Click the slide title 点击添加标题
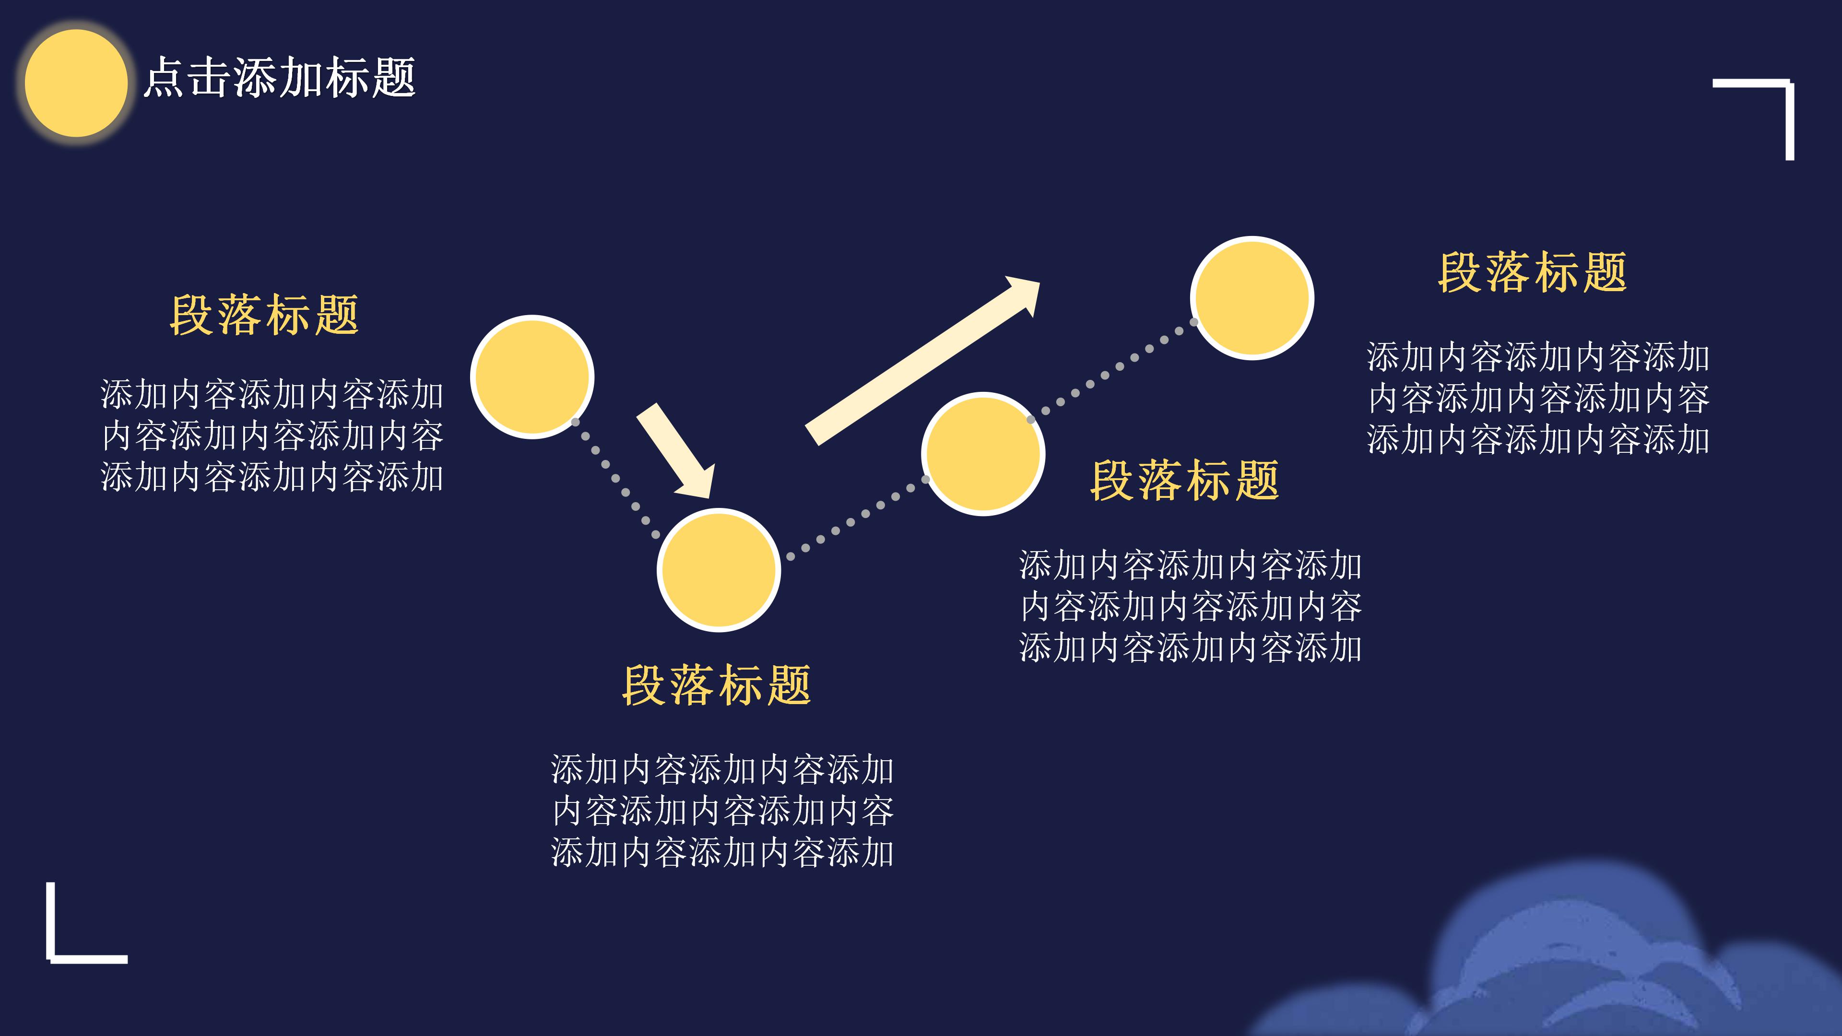pos(279,77)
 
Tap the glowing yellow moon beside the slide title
pos(76,83)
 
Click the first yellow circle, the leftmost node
pos(532,377)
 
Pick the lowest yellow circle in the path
pos(719,570)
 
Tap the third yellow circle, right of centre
pos(983,453)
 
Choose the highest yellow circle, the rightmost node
pos(1252,297)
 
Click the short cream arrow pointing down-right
pos(676,450)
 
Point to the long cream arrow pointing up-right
pos(922,361)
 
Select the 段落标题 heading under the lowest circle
pos(717,685)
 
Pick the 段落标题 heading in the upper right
pos(1533,272)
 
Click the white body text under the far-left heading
pos(272,436)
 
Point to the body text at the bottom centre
pos(722,811)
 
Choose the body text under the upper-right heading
pos(1537,398)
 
